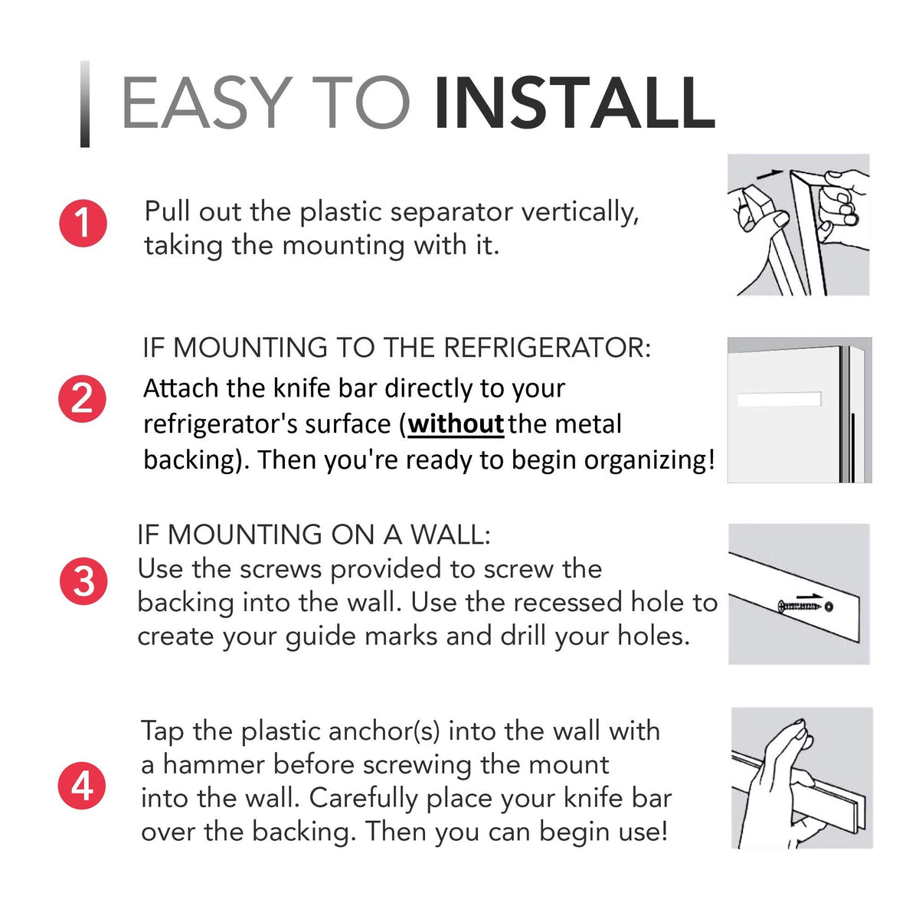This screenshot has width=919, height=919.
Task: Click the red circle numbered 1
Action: [83, 223]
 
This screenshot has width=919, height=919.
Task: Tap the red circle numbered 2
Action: [82, 399]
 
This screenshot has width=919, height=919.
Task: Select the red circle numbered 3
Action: [83, 581]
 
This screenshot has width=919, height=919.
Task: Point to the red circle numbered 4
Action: [82, 786]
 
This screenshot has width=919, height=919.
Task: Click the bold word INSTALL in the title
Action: [574, 103]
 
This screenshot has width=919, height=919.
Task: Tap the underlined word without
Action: [456, 424]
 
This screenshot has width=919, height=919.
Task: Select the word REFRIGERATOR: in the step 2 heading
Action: [547, 348]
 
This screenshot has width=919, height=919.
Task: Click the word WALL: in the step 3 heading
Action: [450, 534]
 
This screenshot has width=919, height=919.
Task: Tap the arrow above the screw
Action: [810, 597]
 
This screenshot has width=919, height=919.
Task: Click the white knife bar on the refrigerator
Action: [780, 399]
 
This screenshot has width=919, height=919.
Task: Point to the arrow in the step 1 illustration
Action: [770, 174]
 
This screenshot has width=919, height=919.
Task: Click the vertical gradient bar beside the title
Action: [85, 104]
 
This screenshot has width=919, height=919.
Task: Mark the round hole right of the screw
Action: [829, 607]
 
